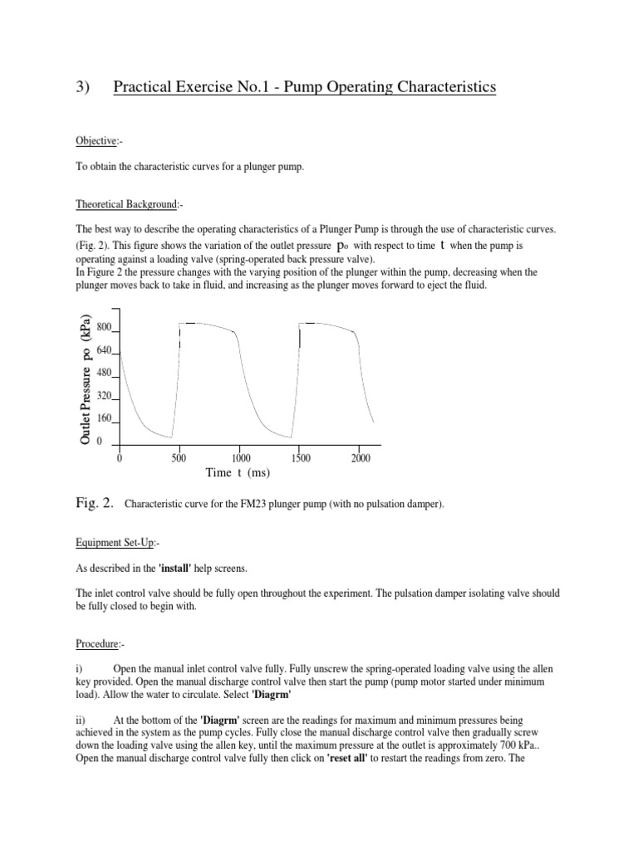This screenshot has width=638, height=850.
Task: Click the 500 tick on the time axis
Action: (x=179, y=458)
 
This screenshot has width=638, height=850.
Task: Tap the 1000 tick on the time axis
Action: (x=241, y=458)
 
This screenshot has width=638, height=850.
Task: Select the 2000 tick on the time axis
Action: (x=361, y=458)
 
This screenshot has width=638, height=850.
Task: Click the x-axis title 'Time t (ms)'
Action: (x=238, y=472)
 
